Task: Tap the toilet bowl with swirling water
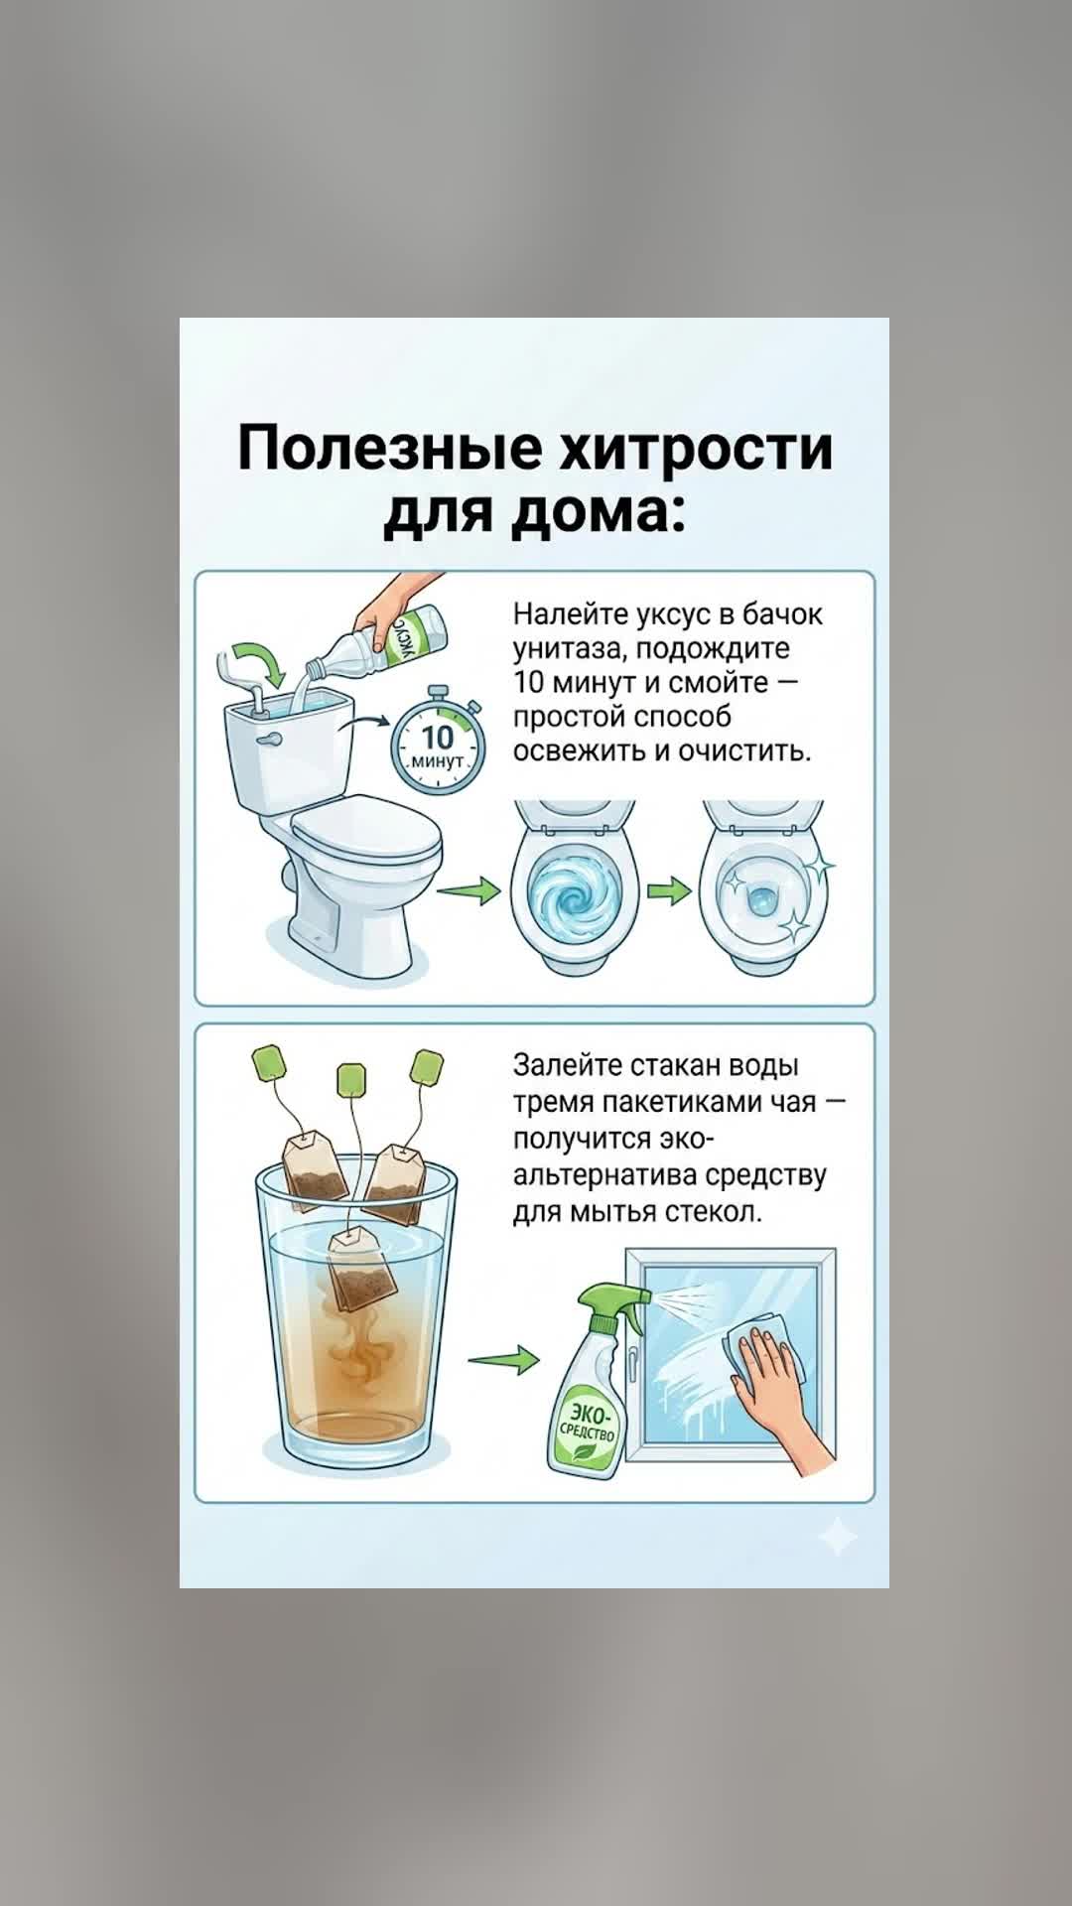tap(574, 888)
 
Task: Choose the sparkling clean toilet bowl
tap(762, 888)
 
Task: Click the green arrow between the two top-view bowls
tap(669, 890)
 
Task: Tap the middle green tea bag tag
tap(352, 1081)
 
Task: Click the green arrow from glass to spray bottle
tap(503, 1359)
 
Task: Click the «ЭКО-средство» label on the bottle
tap(589, 1426)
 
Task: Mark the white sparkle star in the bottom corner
tap(837, 1538)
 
